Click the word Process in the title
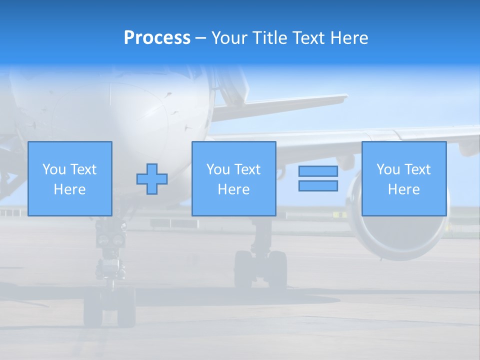(x=157, y=38)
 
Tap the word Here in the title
(x=349, y=38)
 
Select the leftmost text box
(x=70, y=178)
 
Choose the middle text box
(x=234, y=178)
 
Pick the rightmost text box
(x=404, y=178)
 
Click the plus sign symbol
(x=152, y=179)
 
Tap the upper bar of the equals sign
(x=318, y=171)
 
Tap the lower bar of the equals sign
(x=318, y=186)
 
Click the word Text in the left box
(x=83, y=169)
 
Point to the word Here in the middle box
(x=234, y=189)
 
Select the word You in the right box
(x=388, y=169)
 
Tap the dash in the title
(x=200, y=38)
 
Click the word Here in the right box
(x=404, y=189)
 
